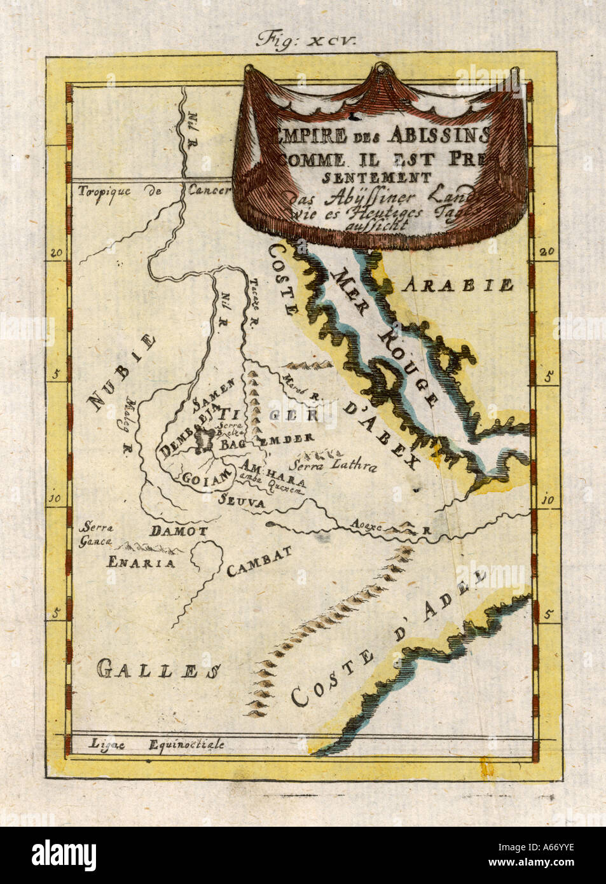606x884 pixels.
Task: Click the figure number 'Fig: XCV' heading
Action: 307,39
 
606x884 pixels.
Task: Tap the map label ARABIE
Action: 462,284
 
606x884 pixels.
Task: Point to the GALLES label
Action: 159,668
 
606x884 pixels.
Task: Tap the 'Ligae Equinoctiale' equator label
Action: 156,745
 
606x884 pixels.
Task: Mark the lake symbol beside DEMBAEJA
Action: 205,439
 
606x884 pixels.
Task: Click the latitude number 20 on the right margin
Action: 546,251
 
